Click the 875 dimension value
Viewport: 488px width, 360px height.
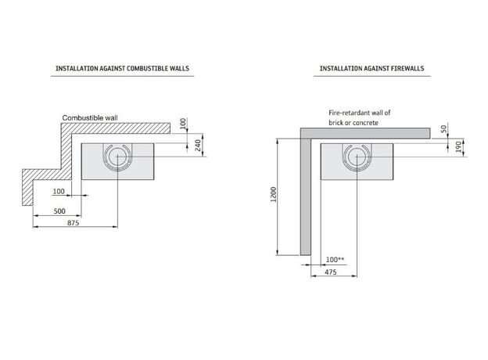[x=74, y=223]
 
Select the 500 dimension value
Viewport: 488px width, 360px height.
[x=59, y=211]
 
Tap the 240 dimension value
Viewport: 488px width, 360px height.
[x=198, y=146]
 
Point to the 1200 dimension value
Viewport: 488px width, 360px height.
[x=274, y=195]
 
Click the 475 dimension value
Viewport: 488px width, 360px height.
[x=331, y=272]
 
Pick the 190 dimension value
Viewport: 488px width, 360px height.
[x=458, y=146]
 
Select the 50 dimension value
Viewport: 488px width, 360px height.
[x=443, y=128]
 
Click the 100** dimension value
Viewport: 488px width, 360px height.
[x=335, y=259]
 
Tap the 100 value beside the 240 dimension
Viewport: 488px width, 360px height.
[x=183, y=124]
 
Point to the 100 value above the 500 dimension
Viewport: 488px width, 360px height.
[x=59, y=191]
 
